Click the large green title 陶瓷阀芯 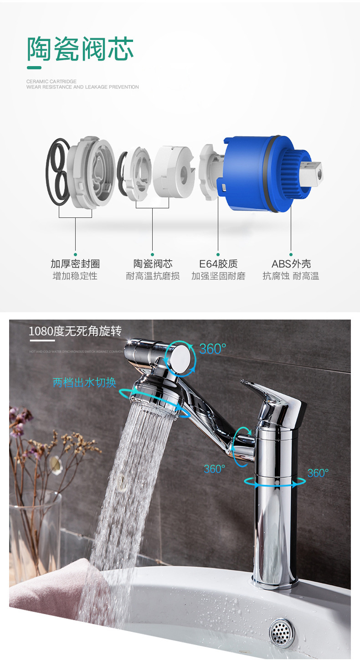[x=80, y=49]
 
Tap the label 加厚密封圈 [x=75, y=264]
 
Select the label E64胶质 [x=218, y=264]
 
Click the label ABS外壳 [x=291, y=264]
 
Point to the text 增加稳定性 [x=75, y=276]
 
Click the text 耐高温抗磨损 [x=153, y=276]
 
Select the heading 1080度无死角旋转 [x=75, y=331]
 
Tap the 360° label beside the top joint [x=212, y=349]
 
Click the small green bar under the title [x=34, y=68]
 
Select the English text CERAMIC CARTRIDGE [x=51, y=82]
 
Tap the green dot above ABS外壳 [x=291, y=254]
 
